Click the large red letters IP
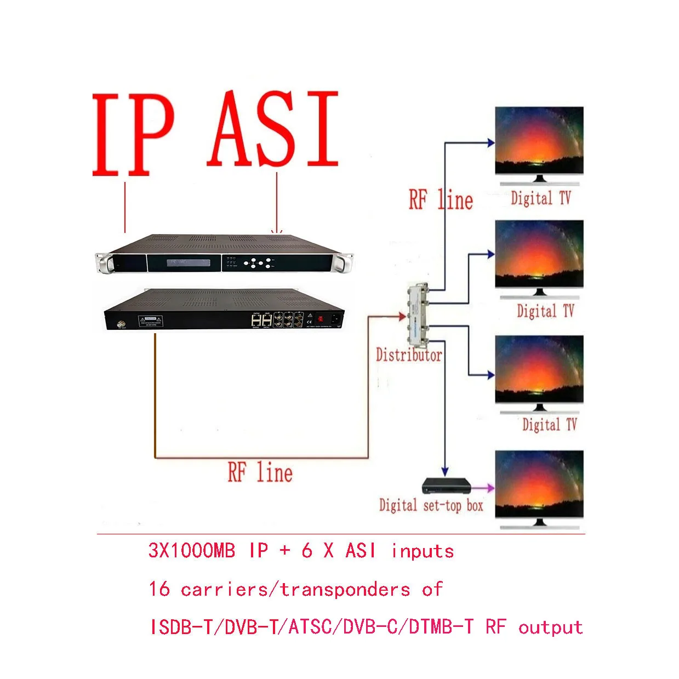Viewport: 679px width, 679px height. tap(133, 135)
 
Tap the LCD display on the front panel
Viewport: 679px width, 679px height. tap(184, 263)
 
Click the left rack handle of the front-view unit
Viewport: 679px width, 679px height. tap(104, 263)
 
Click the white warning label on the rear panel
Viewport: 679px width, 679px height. tap(150, 321)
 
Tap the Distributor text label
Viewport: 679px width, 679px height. tap(409, 355)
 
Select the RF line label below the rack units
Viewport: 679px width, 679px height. tap(260, 472)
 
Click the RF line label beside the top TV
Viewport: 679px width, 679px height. tap(441, 199)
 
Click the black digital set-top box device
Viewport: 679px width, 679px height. tap(446, 486)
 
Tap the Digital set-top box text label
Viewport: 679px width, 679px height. tap(431, 505)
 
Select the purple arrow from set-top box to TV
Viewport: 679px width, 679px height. tap(483, 487)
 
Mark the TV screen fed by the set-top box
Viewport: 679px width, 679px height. tap(539, 483)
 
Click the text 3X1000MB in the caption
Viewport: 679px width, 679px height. tap(191, 550)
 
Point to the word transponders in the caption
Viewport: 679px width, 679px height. tap(345, 590)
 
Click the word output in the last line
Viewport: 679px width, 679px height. tap(550, 627)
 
